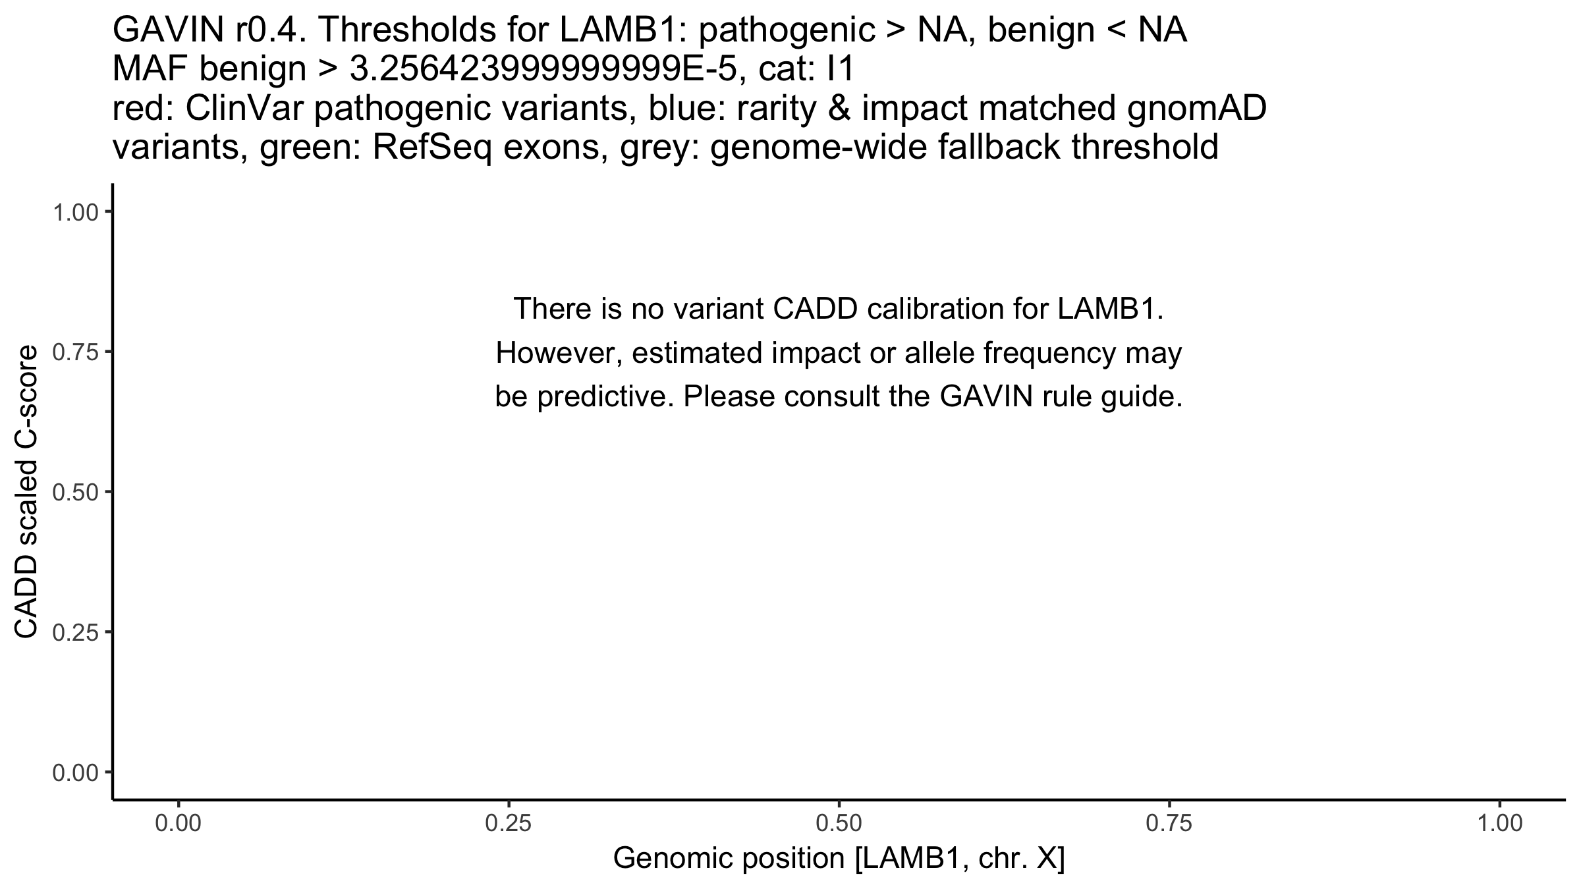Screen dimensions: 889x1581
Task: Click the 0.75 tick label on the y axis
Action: tap(74, 352)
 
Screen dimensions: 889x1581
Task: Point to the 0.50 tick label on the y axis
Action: tap(74, 492)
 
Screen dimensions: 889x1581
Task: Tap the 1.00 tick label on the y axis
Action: tap(74, 212)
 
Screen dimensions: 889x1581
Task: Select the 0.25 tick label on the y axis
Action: tap(74, 632)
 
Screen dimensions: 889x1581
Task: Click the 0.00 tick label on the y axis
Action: tap(74, 772)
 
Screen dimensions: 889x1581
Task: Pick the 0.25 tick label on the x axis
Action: tap(509, 824)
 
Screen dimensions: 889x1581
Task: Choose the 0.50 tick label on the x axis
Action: tap(839, 824)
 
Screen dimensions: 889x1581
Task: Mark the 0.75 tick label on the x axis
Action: tap(1169, 824)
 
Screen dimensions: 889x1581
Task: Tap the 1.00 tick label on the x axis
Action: tap(1499, 824)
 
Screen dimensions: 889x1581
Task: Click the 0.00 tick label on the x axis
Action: tap(179, 824)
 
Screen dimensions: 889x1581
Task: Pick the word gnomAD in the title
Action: tap(1196, 109)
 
